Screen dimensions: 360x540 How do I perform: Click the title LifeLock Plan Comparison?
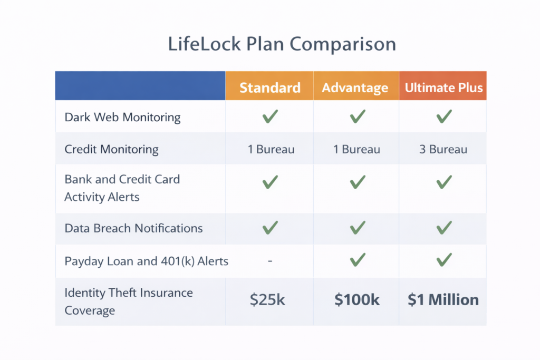click(282, 44)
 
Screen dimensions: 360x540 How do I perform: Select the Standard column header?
click(269, 87)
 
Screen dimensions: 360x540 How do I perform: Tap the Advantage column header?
click(355, 87)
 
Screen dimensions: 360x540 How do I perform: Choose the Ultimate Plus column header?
click(443, 87)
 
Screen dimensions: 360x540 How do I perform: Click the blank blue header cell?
click(140, 86)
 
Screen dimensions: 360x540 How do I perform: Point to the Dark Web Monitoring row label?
click(122, 117)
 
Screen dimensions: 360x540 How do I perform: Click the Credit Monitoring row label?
click(111, 149)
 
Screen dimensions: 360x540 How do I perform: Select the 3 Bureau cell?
click(443, 149)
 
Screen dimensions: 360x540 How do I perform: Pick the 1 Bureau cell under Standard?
click(271, 149)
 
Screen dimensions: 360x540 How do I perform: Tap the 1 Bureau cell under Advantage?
click(356, 149)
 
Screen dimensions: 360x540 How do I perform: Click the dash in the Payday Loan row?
click(270, 260)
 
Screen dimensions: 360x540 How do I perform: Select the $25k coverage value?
click(267, 300)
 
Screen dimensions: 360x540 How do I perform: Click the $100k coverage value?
click(356, 300)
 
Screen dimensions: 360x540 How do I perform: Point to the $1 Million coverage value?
click(443, 300)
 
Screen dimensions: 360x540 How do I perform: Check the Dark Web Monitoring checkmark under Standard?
click(270, 116)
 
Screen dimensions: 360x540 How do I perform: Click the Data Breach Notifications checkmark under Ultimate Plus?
click(444, 228)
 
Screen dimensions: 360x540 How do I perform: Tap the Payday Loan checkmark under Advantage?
click(357, 259)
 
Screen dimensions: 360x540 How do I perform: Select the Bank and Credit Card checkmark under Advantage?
click(357, 182)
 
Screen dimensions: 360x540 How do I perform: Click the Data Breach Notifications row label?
click(133, 228)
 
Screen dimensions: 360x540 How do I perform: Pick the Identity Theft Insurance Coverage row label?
click(129, 301)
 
